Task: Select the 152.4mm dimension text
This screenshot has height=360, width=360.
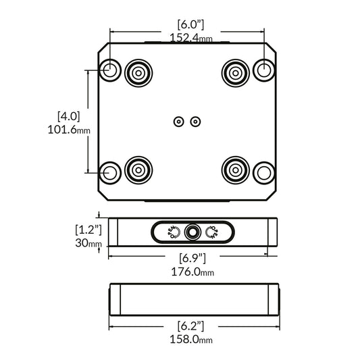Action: [x=191, y=38]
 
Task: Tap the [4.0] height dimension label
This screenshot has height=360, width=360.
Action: [x=68, y=115]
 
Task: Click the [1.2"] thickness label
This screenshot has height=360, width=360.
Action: [x=88, y=229]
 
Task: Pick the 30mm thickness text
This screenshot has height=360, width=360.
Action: [x=88, y=243]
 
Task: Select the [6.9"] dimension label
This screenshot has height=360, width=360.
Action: [x=192, y=258]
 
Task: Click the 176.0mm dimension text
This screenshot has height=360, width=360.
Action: [x=192, y=272]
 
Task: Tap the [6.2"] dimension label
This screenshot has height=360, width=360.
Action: [x=192, y=326]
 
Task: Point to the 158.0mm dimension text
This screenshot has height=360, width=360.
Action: [x=192, y=340]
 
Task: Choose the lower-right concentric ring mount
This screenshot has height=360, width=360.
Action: [x=235, y=169]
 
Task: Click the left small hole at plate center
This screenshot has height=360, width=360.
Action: [x=178, y=122]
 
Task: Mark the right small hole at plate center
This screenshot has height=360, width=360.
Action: [x=196, y=122]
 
